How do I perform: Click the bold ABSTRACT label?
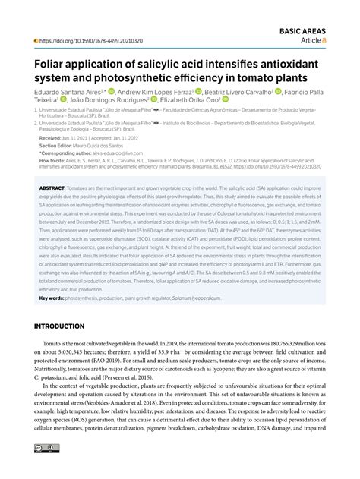[x=52, y=186]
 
